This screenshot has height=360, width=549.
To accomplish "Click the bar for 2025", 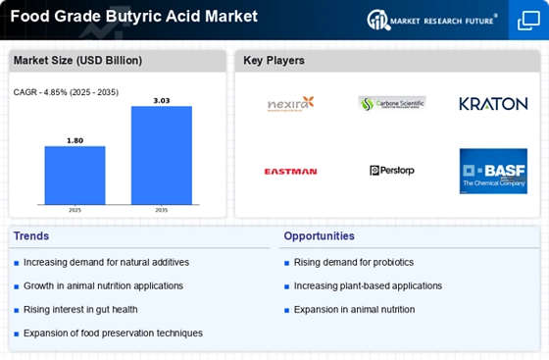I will tap(75, 175).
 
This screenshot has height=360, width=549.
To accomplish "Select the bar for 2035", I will tap(161, 154).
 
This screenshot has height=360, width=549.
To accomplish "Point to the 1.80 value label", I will tap(75, 140).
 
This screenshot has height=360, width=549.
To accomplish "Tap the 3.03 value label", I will tap(161, 99).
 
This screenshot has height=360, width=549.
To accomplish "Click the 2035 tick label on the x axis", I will tap(161, 210).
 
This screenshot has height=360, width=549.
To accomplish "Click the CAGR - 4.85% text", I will tap(61, 92).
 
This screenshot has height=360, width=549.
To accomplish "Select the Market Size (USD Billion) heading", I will tap(77, 61).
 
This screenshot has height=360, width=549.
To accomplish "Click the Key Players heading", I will tap(274, 61).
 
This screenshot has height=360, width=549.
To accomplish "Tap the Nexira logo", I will tap(290, 103).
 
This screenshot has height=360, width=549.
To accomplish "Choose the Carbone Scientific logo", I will tap(392, 103).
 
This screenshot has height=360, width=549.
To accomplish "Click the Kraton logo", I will tap(493, 103).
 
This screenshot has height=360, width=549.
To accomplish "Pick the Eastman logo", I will tap(290, 171).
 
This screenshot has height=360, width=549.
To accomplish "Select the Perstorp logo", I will tap(392, 171).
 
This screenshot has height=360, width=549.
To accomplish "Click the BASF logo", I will tap(493, 171).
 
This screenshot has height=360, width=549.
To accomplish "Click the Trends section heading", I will tap(32, 236).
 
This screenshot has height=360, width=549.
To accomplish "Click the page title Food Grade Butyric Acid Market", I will tap(133, 17).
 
